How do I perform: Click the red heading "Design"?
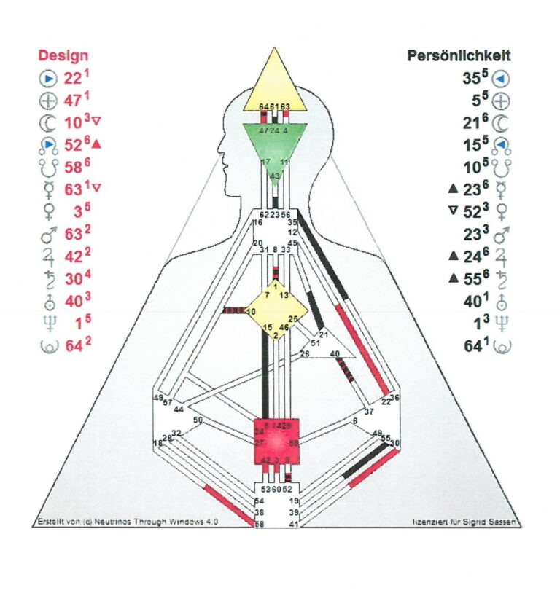[63, 56]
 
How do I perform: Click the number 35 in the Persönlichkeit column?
[471, 79]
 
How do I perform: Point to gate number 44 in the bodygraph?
[179, 409]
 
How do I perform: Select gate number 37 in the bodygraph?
[369, 412]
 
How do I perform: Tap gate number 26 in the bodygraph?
[305, 354]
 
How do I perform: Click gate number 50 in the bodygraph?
[198, 420]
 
